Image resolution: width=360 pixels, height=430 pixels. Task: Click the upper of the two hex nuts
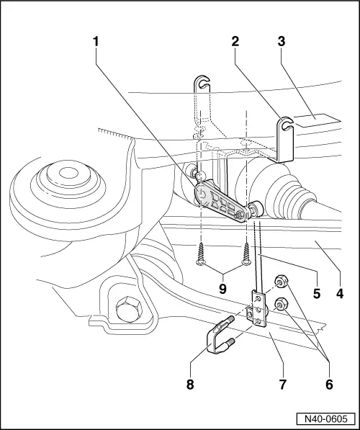click(x=280, y=280)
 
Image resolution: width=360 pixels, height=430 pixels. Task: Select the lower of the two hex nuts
click(x=282, y=305)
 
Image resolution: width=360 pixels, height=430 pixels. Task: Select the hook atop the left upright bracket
click(x=202, y=83)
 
